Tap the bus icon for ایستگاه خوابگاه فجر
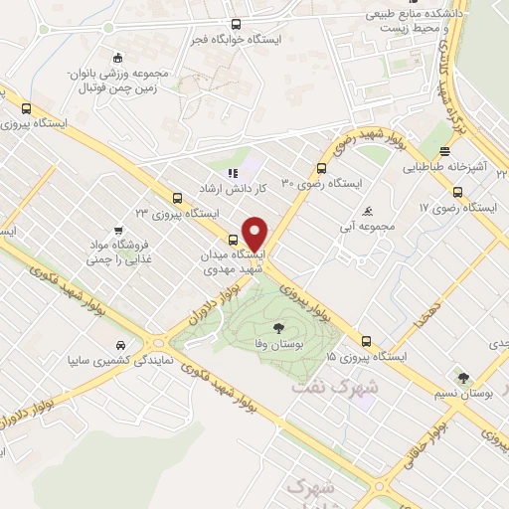(236, 24)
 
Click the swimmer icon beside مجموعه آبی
(369, 212)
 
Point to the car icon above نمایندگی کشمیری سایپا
(118, 344)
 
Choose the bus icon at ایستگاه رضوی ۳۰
(321, 168)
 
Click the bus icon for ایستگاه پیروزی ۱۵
(367, 340)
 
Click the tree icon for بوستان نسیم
(463, 377)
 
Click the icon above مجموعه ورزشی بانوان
(117, 58)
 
